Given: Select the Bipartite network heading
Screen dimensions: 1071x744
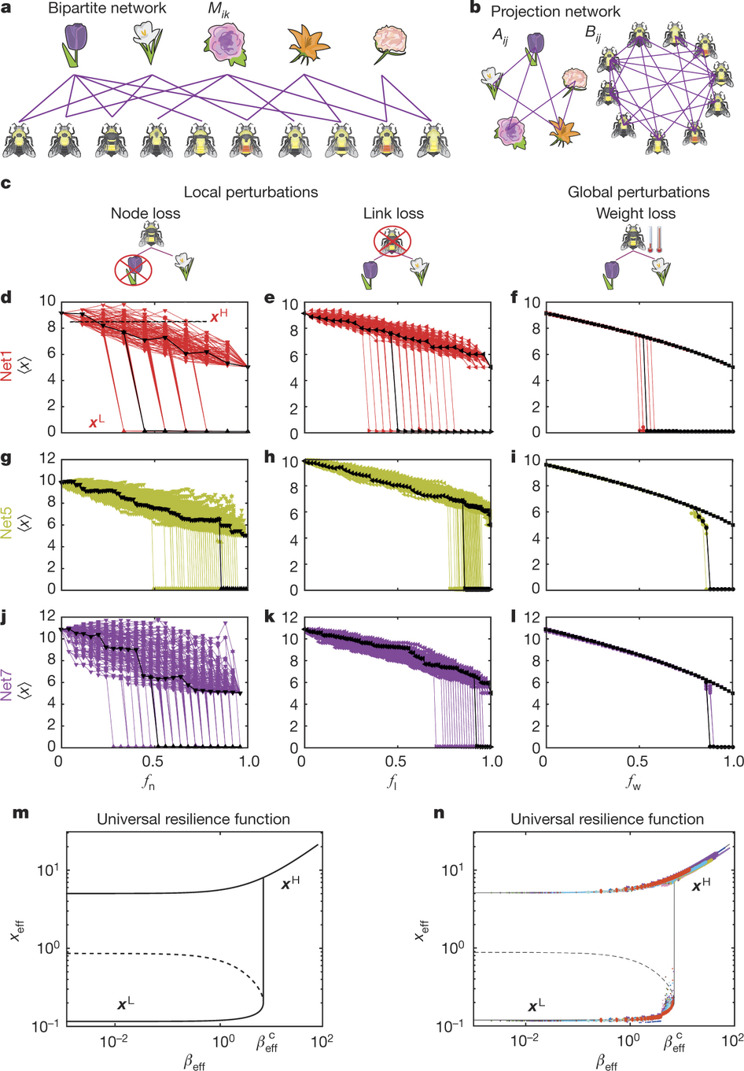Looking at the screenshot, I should (x=107, y=9).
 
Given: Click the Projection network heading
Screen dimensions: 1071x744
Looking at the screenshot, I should (x=555, y=11).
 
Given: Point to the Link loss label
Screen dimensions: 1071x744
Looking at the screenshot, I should (x=393, y=213).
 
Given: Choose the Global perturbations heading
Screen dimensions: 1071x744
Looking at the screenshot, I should (x=639, y=192).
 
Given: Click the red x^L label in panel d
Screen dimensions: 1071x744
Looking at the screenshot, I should (x=97, y=423).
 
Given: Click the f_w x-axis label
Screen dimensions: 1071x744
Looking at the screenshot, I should (x=633, y=782).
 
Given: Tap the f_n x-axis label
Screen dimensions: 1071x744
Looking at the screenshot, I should (x=149, y=782).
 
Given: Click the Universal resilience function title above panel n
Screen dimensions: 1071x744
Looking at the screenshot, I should (x=606, y=819).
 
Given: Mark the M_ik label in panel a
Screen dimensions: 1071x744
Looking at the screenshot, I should (x=219, y=10).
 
